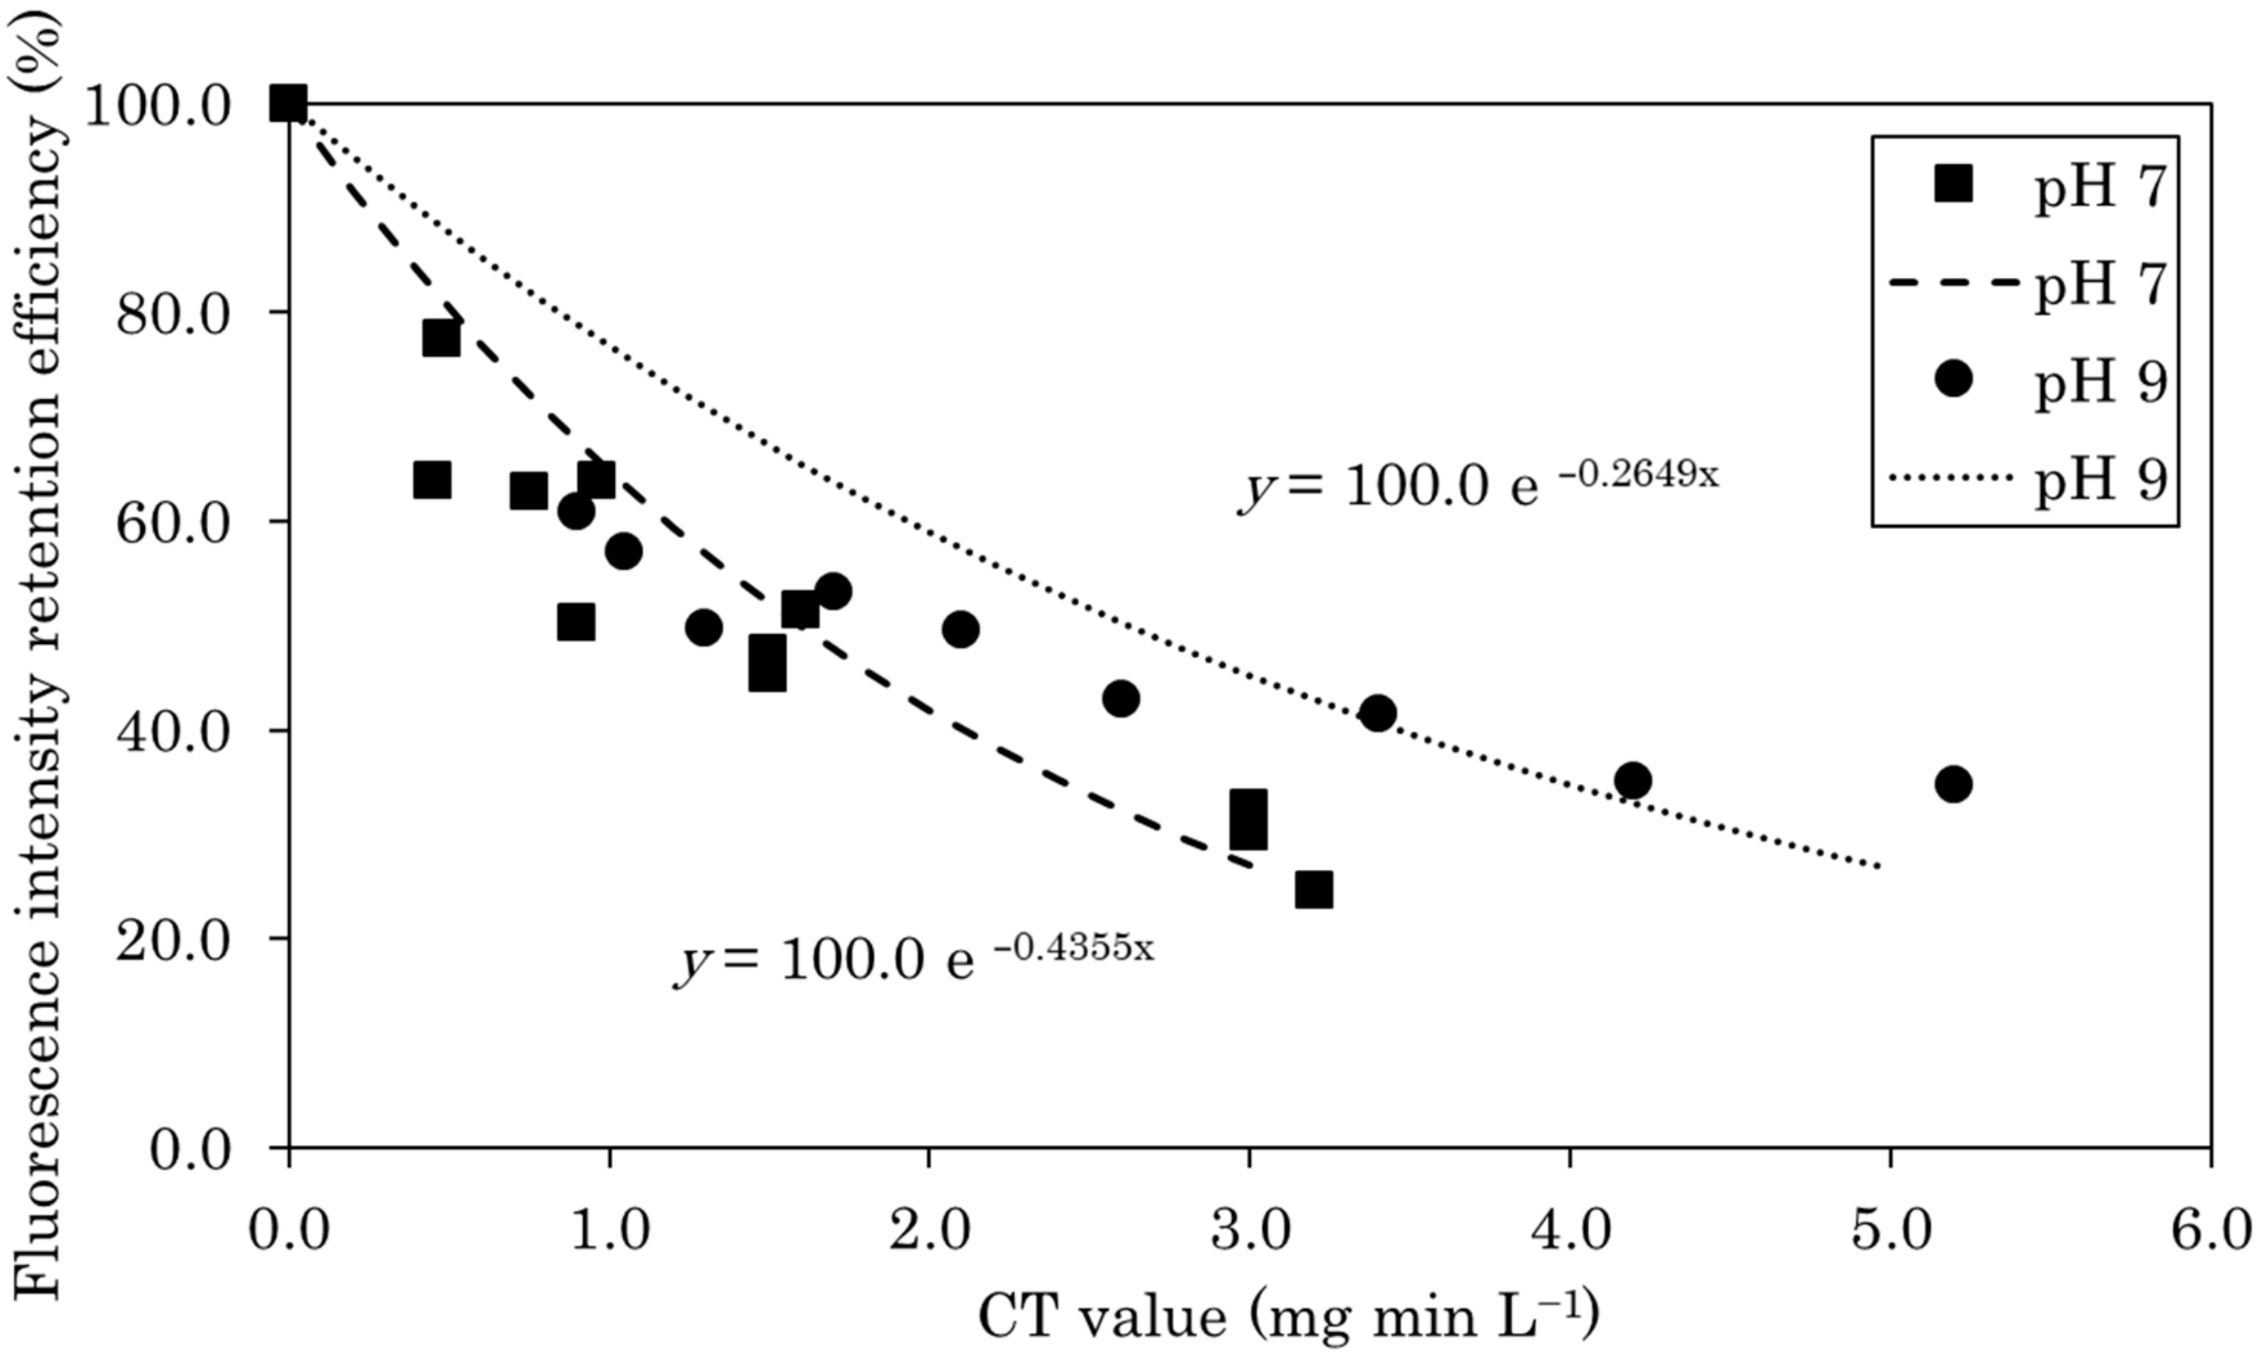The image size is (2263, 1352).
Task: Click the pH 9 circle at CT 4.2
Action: pos(1633,780)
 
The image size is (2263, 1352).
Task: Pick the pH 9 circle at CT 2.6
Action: pos(1121,699)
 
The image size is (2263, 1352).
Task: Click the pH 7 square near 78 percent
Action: pos(441,339)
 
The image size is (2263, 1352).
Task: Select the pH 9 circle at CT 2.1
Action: pos(960,629)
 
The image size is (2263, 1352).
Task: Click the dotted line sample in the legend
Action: pos(1952,477)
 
